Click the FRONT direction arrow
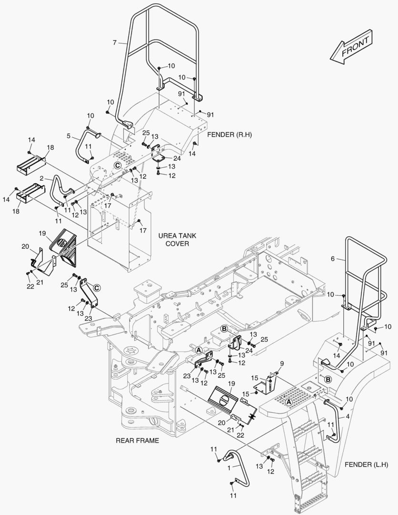coord(350,47)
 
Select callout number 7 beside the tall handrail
coord(114,43)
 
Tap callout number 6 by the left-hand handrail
coord(333,259)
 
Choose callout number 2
coord(42,178)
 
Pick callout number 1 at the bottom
coord(229,468)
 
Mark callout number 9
coord(282,363)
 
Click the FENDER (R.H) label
coord(229,135)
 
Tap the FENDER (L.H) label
coord(367,464)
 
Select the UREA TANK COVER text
coord(177,239)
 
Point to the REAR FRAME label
coord(137,441)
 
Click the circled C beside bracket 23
coord(97,288)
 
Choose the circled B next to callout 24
coord(224,329)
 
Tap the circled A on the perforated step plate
coord(288,402)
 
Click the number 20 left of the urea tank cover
coord(25,247)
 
